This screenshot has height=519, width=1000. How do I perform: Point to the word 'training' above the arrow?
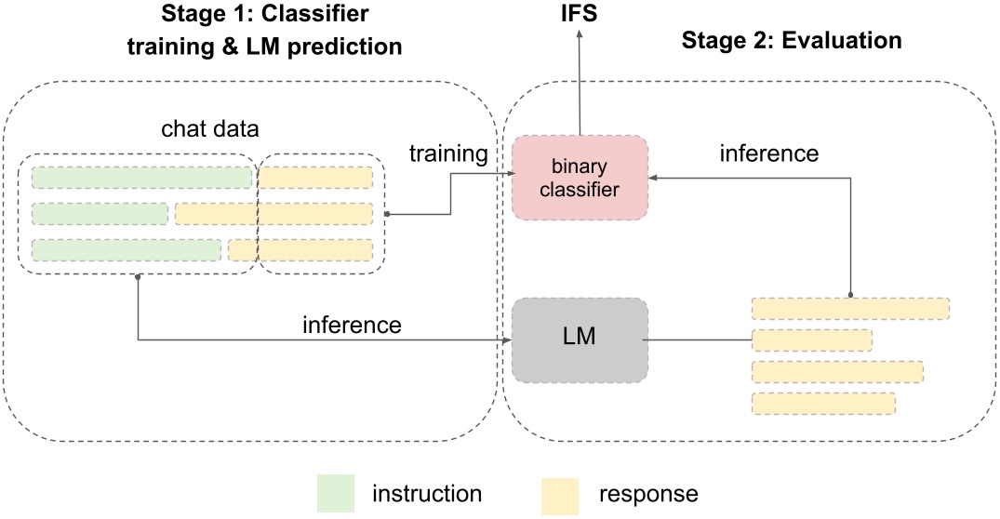tap(449, 154)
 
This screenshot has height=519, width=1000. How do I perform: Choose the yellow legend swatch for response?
tap(559, 493)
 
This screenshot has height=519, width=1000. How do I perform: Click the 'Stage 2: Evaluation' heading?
tap(792, 41)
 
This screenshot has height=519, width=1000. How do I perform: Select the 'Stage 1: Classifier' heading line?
tap(264, 16)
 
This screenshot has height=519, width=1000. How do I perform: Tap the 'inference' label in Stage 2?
tap(769, 153)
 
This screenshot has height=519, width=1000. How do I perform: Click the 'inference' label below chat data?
tap(352, 325)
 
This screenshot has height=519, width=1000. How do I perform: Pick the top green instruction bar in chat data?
tap(142, 178)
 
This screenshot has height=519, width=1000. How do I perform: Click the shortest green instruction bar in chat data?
tap(100, 214)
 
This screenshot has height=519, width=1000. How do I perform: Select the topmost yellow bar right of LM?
tap(850, 309)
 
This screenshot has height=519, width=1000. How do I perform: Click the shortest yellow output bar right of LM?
tap(811, 339)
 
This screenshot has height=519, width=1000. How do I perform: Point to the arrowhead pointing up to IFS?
tap(579, 33)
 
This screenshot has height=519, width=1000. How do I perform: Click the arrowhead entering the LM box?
tap(507, 340)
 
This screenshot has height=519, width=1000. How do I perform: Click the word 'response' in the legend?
tap(648, 493)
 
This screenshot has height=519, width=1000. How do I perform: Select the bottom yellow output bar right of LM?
tap(823, 403)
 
